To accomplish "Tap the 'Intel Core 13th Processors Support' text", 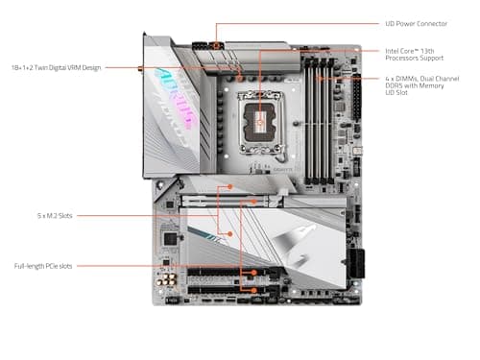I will [415, 55].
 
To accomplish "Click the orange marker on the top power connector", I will [218, 44].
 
